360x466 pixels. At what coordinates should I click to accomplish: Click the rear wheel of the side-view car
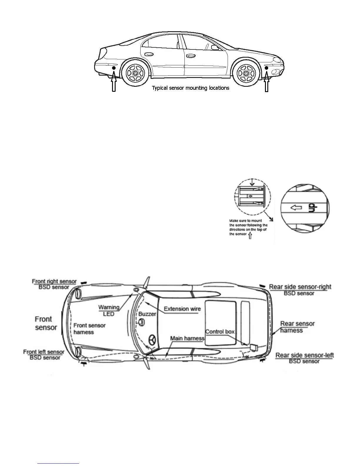[135, 73]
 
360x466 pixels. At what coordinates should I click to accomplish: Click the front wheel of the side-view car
[245, 73]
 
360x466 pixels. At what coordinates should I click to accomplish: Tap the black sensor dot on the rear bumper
[114, 68]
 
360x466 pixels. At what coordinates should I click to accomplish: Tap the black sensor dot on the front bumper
[266, 68]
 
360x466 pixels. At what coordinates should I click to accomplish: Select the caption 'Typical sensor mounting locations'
[190, 88]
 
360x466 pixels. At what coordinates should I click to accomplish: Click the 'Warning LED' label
[109, 310]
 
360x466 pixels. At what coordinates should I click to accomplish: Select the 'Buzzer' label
[147, 314]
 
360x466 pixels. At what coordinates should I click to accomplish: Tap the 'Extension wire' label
[182, 309]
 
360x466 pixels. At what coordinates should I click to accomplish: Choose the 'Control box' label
[220, 332]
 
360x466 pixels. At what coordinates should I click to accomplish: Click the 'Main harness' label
[187, 338]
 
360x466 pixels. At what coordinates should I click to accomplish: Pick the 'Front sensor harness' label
[89, 329]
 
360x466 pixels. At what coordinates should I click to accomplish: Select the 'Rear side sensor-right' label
[300, 287]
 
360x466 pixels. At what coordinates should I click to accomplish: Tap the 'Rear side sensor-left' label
[304, 355]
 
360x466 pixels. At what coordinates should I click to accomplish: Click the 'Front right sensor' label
[54, 282]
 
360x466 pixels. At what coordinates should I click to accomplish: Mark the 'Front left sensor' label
[44, 352]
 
